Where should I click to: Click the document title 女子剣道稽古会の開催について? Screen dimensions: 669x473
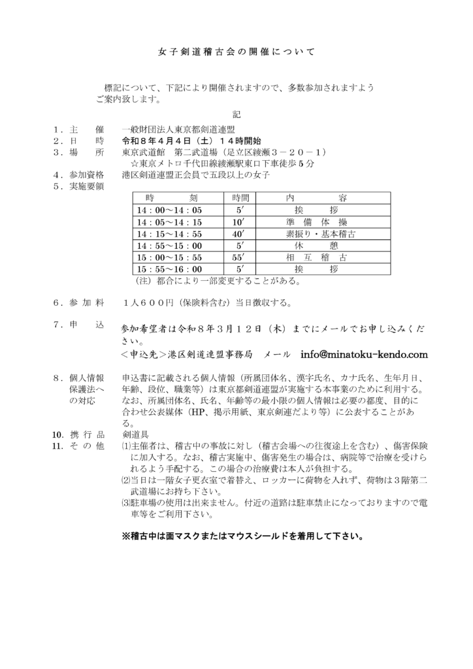(236, 51)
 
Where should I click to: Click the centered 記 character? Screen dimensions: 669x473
(236, 114)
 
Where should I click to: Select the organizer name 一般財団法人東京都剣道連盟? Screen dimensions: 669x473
(178, 129)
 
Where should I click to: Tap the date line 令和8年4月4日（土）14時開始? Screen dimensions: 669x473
(191, 140)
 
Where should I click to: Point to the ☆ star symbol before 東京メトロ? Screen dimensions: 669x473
(134, 163)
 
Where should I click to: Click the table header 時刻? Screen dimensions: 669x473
(170, 198)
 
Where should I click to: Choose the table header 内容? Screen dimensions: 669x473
(316, 198)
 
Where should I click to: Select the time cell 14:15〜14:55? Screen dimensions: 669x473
(170, 233)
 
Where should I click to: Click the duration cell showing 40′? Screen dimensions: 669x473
(238, 233)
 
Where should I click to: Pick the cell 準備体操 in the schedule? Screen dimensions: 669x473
(316, 221)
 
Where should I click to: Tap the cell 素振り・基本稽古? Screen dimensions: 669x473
(316, 233)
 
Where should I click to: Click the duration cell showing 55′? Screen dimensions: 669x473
(238, 257)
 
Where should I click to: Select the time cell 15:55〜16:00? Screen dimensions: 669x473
(170, 269)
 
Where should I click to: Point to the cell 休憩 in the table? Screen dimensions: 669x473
(316, 245)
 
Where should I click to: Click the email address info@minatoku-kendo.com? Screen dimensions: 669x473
(364, 355)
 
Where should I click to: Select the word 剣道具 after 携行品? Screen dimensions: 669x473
(135, 434)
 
